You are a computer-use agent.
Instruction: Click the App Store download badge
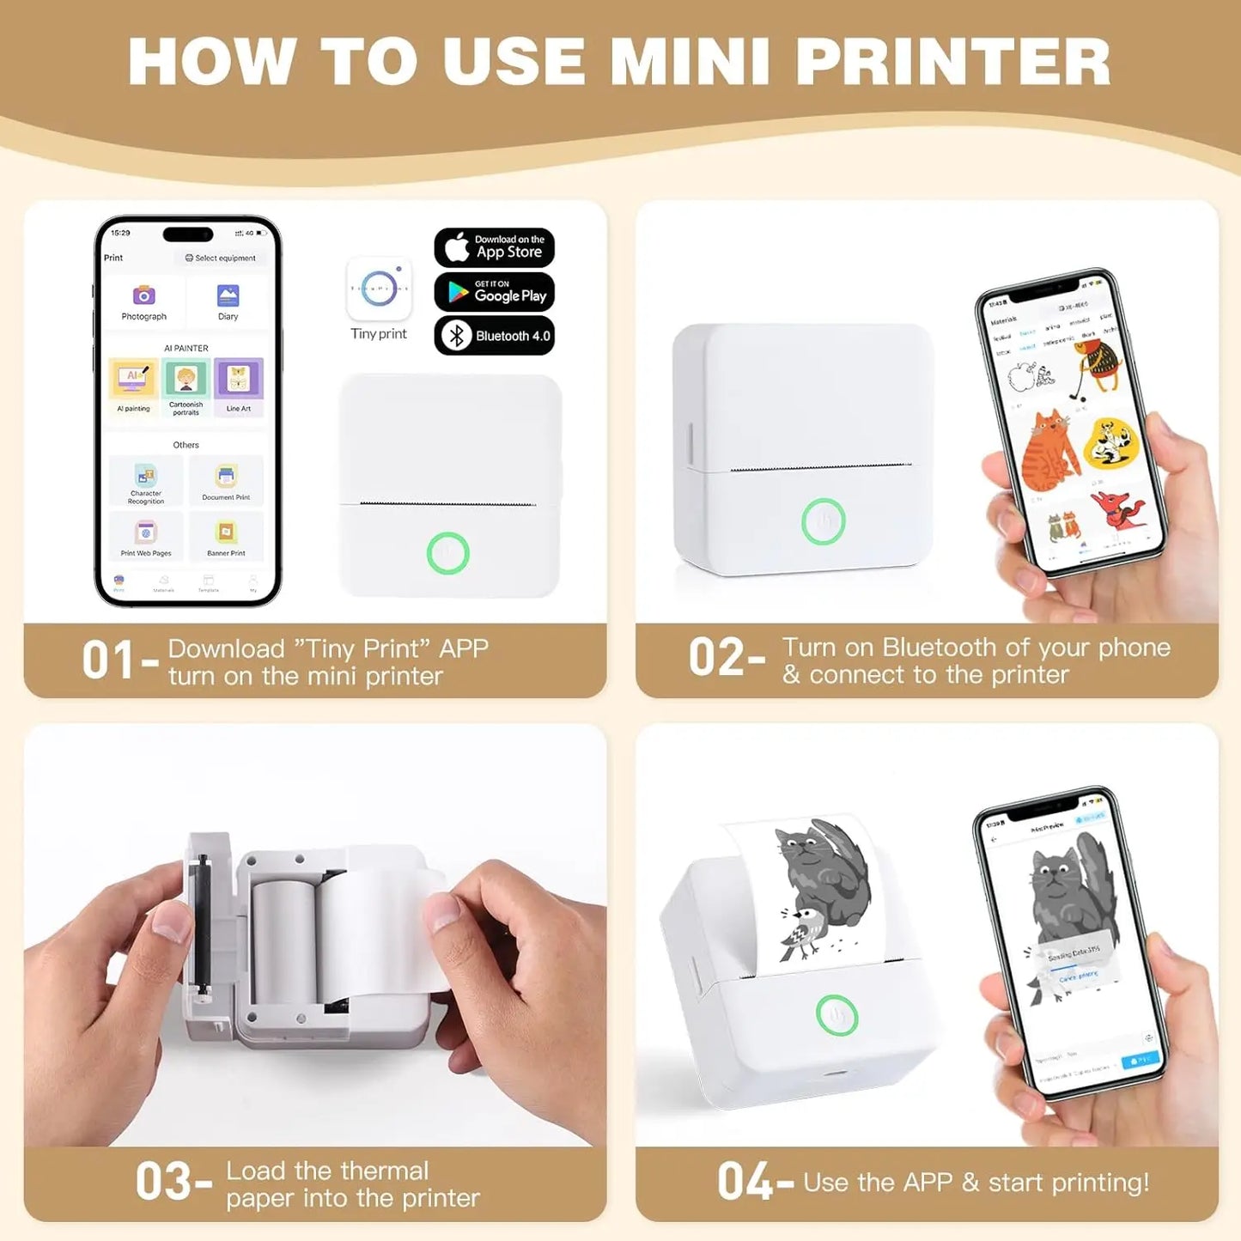[494, 247]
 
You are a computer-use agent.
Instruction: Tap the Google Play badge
[494, 292]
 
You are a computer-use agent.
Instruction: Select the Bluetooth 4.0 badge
[494, 336]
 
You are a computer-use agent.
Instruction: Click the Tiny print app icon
[379, 289]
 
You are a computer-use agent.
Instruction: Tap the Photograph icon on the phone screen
[143, 296]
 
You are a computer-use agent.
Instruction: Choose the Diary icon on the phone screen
[228, 296]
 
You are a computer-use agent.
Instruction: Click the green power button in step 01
[447, 553]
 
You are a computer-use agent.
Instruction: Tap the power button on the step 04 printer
[836, 1015]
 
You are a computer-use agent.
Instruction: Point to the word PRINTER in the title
[952, 62]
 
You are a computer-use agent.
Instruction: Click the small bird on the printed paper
[800, 932]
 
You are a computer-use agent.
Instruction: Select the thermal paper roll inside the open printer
[283, 940]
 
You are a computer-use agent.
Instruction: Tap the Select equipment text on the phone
[221, 258]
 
